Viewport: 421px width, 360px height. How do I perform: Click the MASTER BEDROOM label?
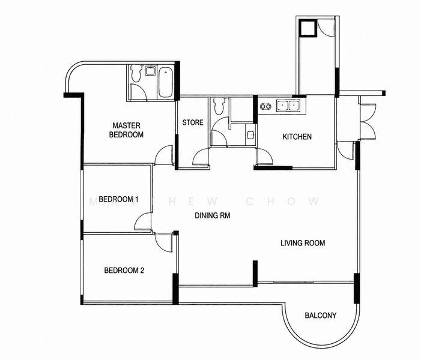coord(126,130)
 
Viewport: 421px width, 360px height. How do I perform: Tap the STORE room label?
coord(193,122)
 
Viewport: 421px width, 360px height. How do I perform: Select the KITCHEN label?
coord(297,137)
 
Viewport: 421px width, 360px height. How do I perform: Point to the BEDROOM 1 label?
coord(118,199)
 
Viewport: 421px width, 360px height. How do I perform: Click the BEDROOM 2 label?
coord(124,271)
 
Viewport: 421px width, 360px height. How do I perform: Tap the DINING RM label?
coord(213,215)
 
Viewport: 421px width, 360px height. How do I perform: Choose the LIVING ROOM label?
coord(303,243)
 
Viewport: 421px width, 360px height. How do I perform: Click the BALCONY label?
coord(321,316)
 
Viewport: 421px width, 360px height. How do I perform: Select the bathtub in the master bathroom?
coord(165,83)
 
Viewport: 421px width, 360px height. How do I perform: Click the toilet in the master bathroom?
coord(136,73)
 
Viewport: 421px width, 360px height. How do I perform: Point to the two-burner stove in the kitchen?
coord(265,106)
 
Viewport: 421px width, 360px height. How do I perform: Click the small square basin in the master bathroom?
coord(150,71)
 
